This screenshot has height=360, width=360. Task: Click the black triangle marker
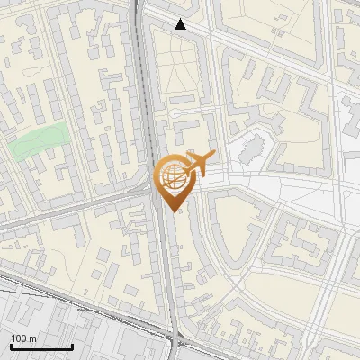pyautogui.click(x=181, y=24)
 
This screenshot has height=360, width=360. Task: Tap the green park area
pyautogui.click(x=40, y=140)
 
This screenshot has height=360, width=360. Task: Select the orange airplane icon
pyautogui.click(x=196, y=165)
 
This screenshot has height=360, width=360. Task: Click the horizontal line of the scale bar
pyautogui.click(x=41, y=346)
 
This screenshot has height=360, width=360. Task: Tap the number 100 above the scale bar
pyautogui.click(x=17, y=338)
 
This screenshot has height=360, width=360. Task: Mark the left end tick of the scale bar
pyautogui.click(x=11, y=345)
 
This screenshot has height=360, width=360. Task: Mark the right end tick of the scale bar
pyautogui.click(x=72, y=345)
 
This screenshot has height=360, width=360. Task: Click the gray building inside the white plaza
pyautogui.click(x=251, y=148)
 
